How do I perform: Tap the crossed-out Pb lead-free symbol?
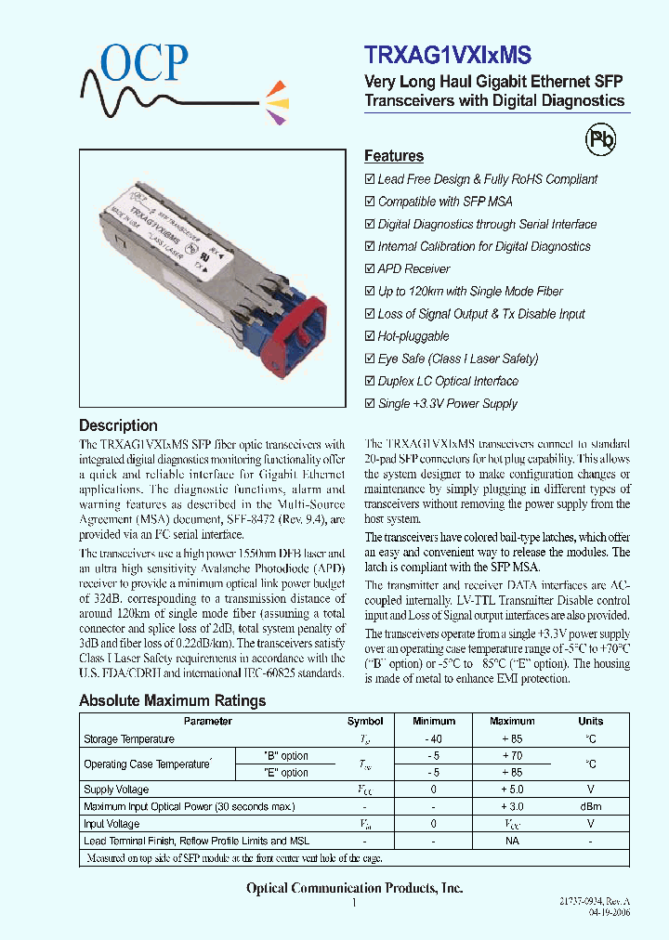click(x=599, y=139)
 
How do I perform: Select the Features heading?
click(x=393, y=156)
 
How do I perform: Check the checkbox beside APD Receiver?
click(x=370, y=269)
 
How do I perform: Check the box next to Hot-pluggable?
click(x=370, y=336)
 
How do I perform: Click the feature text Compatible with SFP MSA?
click(x=444, y=202)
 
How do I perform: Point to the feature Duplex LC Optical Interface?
click(x=448, y=381)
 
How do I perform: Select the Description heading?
click(x=118, y=425)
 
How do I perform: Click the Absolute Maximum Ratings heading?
click(x=172, y=700)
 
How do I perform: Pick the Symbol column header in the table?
click(x=365, y=721)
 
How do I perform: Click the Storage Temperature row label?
click(x=129, y=739)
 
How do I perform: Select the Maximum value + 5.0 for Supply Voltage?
click(x=512, y=790)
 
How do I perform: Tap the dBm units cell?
click(x=590, y=806)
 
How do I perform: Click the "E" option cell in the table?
click(x=286, y=773)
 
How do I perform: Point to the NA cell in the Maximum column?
click(x=512, y=841)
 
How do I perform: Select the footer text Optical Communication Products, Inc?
click(x=354, y=889)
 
